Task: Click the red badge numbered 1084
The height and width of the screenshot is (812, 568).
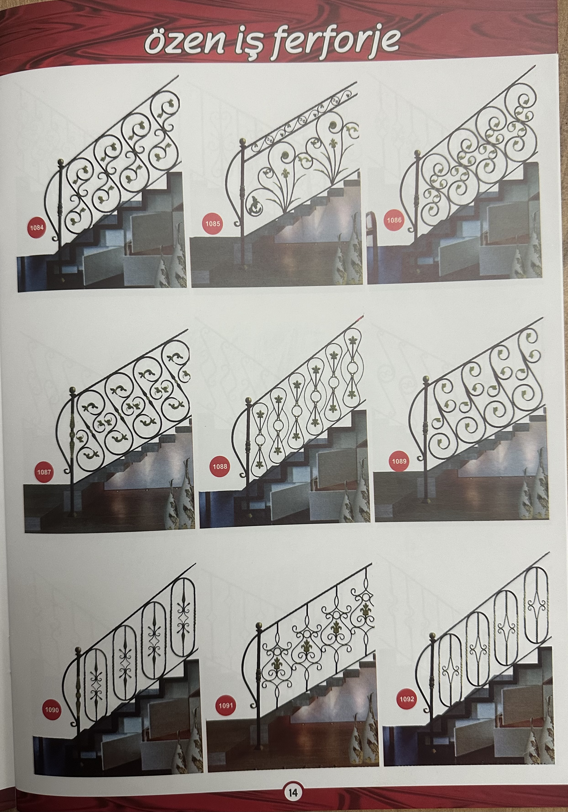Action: [36, 227]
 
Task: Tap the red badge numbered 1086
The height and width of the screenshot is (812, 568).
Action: [394, 220]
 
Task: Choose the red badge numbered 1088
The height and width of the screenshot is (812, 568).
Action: [220, 466]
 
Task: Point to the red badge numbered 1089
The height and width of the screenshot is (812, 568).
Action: [399, 461]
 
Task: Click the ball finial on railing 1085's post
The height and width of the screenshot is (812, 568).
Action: [242, 142]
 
